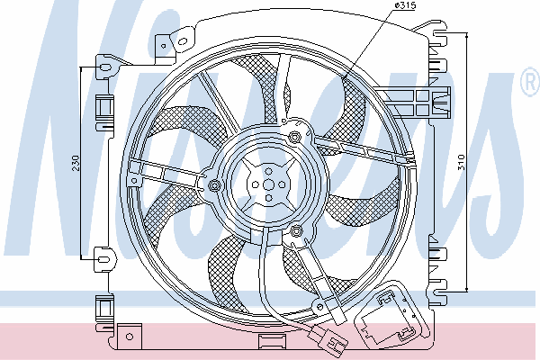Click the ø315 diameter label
405,6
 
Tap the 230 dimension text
76,163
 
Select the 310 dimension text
461,162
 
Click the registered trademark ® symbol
531,81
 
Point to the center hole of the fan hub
268,185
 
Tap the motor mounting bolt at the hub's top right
294,137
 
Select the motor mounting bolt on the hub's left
214,186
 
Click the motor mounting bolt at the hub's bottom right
296,230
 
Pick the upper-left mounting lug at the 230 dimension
105,67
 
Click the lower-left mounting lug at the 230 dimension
103,259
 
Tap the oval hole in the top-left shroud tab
182,42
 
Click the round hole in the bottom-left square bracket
130,337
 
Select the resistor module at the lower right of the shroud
392,317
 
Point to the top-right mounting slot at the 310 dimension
440,33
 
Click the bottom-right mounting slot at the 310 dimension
440,293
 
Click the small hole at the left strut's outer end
134,180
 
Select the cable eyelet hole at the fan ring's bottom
319,305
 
